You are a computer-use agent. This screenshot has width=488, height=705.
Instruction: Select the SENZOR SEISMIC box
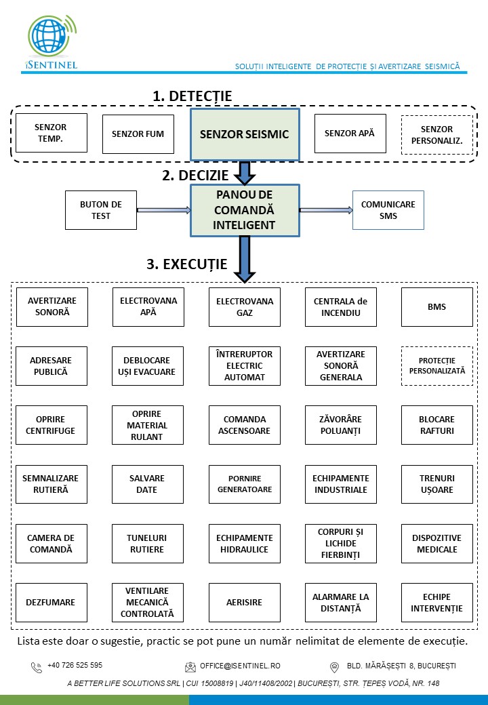tap(244, 134)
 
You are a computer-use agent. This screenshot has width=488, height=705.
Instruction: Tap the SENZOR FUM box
tap(138, 134)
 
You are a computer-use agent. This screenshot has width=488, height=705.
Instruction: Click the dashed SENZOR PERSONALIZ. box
tap(436, 135)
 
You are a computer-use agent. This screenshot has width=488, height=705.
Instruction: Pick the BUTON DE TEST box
tap(101, 210)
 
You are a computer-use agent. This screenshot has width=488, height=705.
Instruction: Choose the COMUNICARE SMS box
tap(388, 210)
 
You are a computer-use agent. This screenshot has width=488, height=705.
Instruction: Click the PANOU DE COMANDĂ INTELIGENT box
tap(245, 210)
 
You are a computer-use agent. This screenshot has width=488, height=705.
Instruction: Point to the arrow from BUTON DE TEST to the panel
tap(163, 210)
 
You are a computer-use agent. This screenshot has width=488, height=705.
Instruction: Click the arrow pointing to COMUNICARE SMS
tap(326, 210)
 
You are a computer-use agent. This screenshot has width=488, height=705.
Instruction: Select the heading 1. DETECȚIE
tap(192, 96)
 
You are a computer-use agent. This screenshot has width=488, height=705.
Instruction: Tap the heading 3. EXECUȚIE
tap(187, 264)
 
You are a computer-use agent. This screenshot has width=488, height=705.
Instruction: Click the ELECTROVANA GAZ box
tap(245, 307)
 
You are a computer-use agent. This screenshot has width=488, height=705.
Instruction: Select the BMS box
tap(436, 307)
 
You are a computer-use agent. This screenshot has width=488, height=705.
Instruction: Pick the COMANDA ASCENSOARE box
tap(245, 425)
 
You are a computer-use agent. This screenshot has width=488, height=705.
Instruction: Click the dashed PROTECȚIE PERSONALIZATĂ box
tap(436, 366)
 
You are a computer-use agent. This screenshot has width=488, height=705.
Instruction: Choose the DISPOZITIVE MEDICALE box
tap(436, 544)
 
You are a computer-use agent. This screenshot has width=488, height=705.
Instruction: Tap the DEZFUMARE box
tap(51, 603)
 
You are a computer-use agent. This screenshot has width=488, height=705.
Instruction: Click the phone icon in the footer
tap(36, 667)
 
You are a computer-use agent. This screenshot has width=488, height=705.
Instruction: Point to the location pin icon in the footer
tap(334, 667)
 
